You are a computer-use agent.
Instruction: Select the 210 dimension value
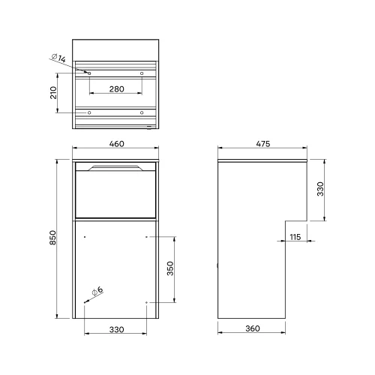point(52,92)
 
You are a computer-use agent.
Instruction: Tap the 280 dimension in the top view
point(115,88)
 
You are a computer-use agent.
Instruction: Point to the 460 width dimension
point(115,143)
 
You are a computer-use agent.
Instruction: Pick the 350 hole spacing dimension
point(169,269)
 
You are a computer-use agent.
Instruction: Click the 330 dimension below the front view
point(115,329)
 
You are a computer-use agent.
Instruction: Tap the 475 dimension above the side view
point(262,143)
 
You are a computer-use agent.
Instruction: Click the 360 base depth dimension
point(252,329)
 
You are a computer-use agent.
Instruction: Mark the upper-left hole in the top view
point(89,73)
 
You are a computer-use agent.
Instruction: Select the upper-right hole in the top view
point(142,73)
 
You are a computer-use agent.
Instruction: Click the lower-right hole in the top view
point(142,112)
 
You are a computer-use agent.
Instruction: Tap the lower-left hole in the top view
point(89,112)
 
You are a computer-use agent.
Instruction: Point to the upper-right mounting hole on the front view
point(146,237)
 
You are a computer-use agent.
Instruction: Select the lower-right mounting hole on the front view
point(146,302)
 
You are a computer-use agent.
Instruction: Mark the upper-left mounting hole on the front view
point(85,237)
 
